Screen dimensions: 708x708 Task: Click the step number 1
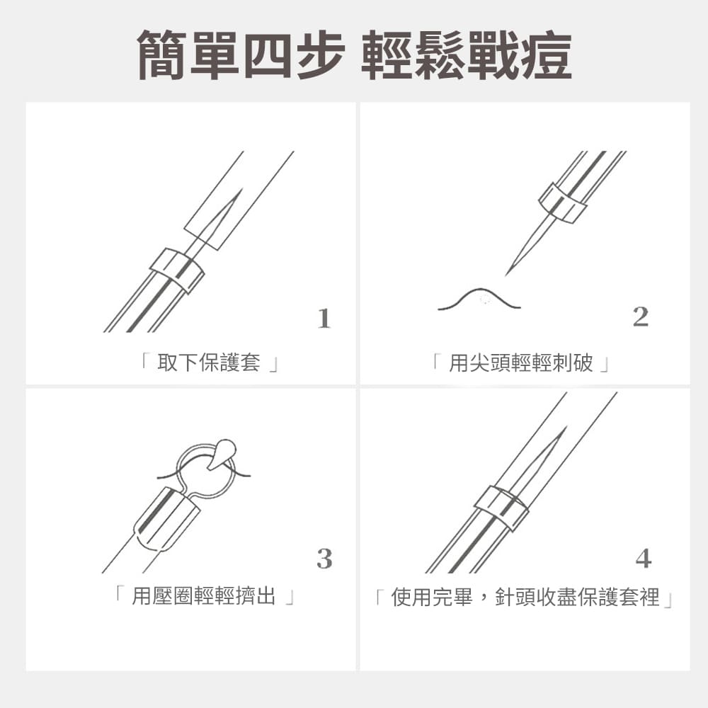(324, 319)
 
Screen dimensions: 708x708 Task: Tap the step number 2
(640, 316)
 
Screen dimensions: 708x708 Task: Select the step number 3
(324, 559)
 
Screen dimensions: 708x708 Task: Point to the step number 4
(644, 559)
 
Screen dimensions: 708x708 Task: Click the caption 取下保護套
(209, 362)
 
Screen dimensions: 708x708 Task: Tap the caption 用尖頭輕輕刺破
(520, 362)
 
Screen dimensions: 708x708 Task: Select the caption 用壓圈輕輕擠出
(204, 595)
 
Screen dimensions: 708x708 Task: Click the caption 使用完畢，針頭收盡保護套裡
(525, 596)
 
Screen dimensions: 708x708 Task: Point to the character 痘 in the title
(547, 55)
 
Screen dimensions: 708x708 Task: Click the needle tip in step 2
(506, 275)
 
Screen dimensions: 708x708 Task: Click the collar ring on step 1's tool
(176, 270)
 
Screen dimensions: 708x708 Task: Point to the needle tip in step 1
(242, 189)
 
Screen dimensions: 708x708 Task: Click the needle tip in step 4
(566, 427)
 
